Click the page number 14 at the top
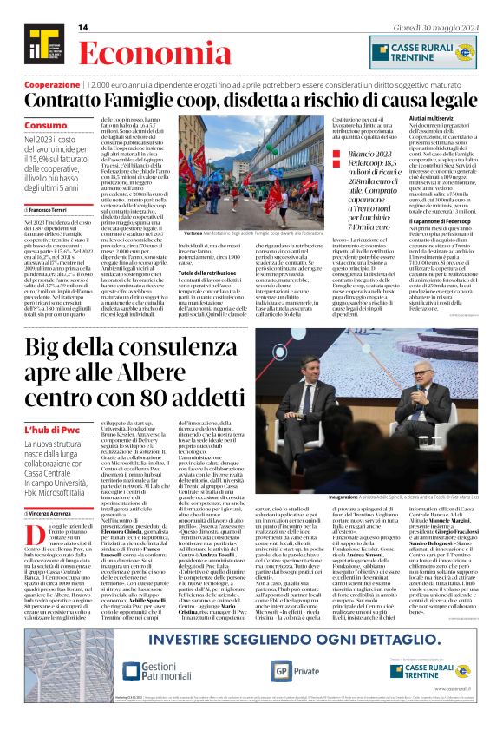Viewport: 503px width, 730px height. pos(83,28)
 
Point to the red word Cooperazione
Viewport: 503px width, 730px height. pos(51,85)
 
